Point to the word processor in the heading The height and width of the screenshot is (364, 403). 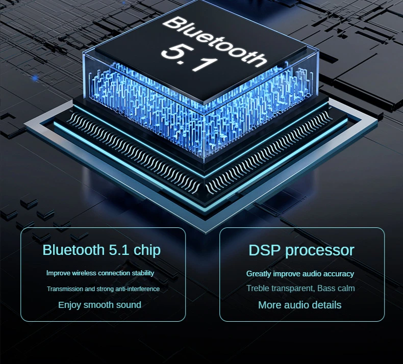pyautogui.click(x=319, y=250)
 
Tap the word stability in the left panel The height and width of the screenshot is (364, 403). pyautogui.click(x=143, y=273)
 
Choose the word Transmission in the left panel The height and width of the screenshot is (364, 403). pyautogui.click(x=65, y=289)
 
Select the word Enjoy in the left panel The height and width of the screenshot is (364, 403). pyautogui.click(x=69, y=305)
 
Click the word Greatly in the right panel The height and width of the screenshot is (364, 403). pyautogui.click(x=259, y=274)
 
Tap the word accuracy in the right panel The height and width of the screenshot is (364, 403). pyautogui.click(x=337, y=274)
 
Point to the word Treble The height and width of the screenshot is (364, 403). pyautogui.click(x=258, y=289)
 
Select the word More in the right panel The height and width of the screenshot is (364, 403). pyautogui.click(x=269, y=305)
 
